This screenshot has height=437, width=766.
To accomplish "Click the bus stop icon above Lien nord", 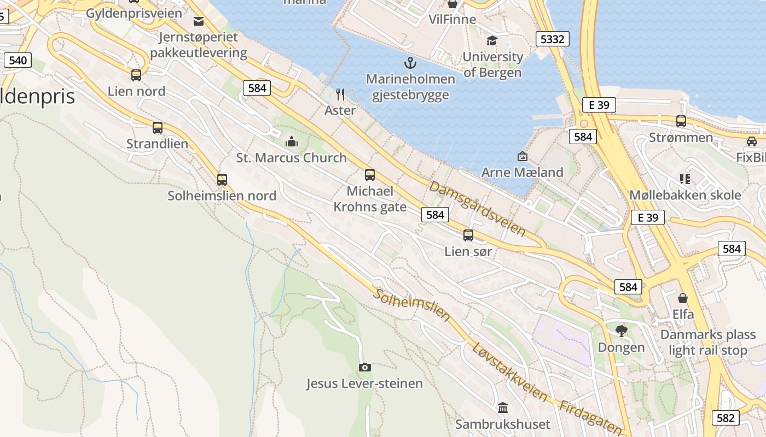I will pyautogui.click(x=136, y=75).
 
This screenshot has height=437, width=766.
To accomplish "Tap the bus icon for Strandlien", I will pyautogui.click(x=158, y=128).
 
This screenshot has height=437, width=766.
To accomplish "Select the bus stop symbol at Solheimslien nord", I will pyautogui.click(x=222, y=179).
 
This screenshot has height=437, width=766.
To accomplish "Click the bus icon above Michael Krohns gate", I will pyautogui.click(x=370, y=175).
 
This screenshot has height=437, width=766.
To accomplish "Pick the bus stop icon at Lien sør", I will pyautogui.click(x=468, y=235).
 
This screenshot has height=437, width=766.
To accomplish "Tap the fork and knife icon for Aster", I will pyautogui.click(x=340, y=95).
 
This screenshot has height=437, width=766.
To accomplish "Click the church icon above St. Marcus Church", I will pyautogui.click(x=292, y=142).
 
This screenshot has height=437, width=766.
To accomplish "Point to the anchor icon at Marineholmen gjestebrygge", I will pyautogui.click(x=410, y=62).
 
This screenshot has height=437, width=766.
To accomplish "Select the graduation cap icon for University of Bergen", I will pyautogui.click(x=492, y=41).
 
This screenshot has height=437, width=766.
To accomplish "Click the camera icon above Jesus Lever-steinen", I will pyautogui.click(x=364, y=367).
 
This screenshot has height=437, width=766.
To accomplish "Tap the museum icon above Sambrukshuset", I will pyautogui.click(x=503, y=408).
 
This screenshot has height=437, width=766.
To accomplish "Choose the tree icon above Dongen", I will pyautogui.click(x=621, y=330).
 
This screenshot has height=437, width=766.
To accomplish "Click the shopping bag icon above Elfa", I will pyautogui.click(x=683, y=298).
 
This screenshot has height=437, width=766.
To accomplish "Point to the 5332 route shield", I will pyautogui.click(x=553, y=39).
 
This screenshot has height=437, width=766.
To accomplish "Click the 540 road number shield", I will pyautogui.click(x=18, y=60).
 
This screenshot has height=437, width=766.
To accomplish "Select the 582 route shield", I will pyautogui.click(x=726, y=418).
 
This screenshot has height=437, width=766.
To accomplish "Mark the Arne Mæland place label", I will pyautogui.click(x=522, y=173).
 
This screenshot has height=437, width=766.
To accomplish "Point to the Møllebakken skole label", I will pyautogui.click(x=685, y=195).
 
